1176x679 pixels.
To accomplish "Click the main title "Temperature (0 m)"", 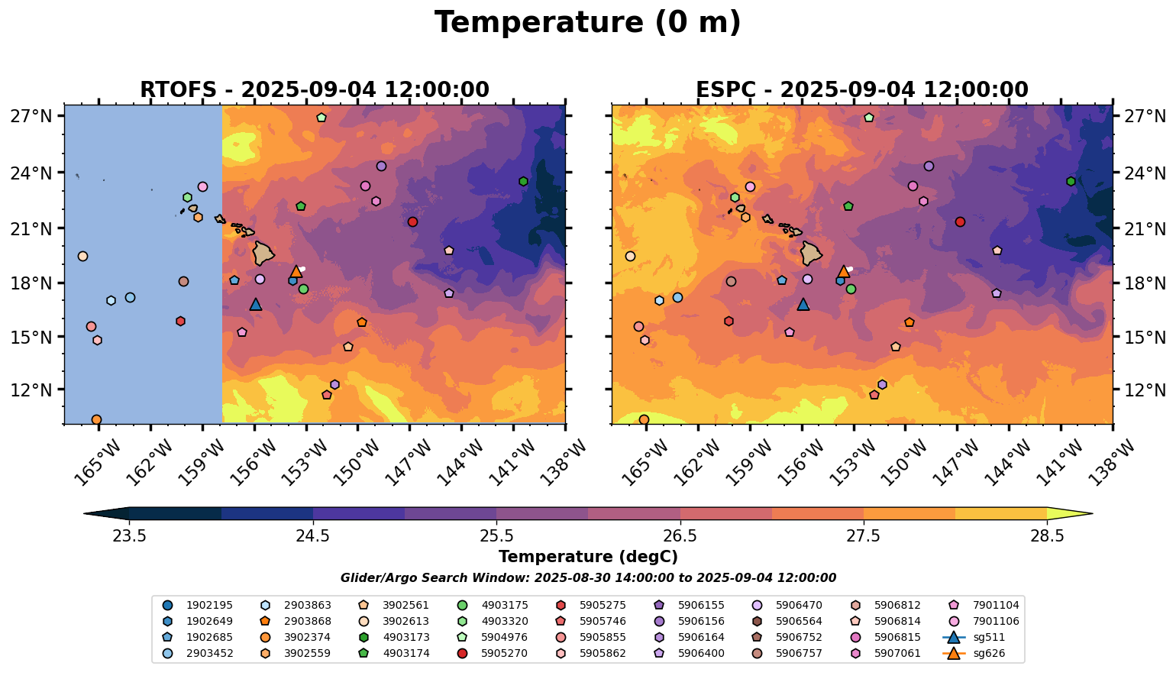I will coord(587,23).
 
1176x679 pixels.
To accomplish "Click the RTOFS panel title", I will coord(314,90).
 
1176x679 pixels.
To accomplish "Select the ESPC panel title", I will coord(861,90).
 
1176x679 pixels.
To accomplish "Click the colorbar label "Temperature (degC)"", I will coord(587,557).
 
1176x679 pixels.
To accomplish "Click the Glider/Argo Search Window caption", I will coord(587,578).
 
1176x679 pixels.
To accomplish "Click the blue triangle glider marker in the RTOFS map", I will coord(256,304).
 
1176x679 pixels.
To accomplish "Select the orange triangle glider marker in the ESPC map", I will coord(843,271).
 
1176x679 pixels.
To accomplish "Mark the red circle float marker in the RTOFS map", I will coord(412,221).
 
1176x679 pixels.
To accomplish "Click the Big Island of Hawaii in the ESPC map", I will coord(811,252).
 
